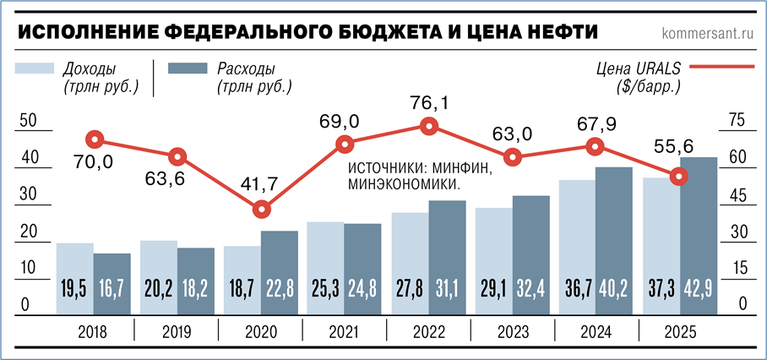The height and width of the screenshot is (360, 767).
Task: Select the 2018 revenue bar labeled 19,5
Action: [74, 278]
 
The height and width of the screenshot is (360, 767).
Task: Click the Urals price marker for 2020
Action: [263, 209]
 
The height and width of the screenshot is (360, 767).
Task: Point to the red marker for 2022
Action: [429, 127]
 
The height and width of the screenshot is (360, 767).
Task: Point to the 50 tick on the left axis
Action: [27, 122]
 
